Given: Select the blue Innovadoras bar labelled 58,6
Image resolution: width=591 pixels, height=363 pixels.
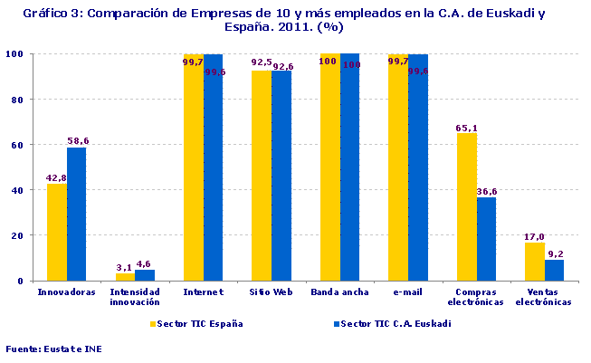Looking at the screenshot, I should (76, 214).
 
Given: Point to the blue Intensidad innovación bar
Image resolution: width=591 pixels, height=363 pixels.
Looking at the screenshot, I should (145, 275).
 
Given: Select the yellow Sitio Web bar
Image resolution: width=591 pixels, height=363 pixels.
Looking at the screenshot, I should (261, 176).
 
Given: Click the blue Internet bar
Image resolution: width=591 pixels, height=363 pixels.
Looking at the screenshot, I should (213, 167).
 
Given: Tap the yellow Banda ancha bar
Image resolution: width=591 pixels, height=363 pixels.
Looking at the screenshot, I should (329, 167).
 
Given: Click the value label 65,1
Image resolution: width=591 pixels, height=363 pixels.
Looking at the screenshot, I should (467, 129).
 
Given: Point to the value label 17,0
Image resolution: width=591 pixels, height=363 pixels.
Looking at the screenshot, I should (535, 237).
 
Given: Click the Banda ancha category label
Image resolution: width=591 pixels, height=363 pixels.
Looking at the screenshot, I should (338, 293).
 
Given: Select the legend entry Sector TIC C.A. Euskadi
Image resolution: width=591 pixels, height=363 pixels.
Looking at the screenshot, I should (393, 323).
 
